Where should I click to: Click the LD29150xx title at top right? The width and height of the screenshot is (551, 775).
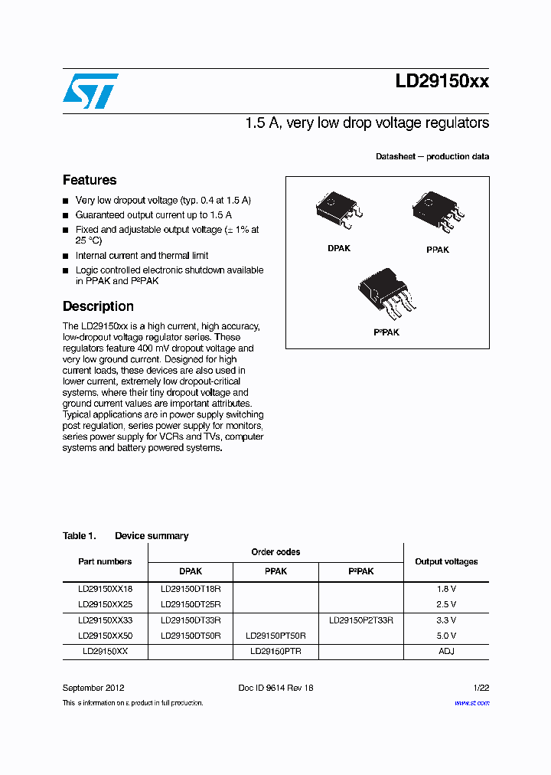(x=442, y=81)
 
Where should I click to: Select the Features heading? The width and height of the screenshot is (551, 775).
(x=90, y=180)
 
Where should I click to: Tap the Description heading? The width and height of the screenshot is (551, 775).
(x=98, y=306)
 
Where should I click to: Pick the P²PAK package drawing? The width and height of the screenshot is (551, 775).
(x=386, y=296)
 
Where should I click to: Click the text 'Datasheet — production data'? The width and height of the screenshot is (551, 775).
(x=432, y=156)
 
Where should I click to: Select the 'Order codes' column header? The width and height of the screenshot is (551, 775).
(x=275, y=552)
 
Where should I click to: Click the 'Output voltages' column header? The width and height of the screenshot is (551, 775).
(x=446, y=561)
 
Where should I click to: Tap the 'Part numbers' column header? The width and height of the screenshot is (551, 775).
(x=105, y=561)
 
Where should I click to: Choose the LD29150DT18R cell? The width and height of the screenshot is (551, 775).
(x=191, y=589)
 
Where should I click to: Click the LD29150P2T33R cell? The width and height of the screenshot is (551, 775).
(x=360, y=620)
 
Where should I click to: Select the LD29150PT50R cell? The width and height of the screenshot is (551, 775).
(x=275, y=636)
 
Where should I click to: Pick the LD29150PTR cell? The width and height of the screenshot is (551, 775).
(x=275, y=651)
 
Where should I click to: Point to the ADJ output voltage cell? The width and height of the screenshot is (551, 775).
(x=446, y=651)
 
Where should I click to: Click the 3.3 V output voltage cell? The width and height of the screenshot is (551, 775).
(x=446, y=620)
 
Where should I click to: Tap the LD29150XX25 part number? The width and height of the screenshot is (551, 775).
(x=105, y=604)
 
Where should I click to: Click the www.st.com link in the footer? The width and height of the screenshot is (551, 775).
(x=471, y=702)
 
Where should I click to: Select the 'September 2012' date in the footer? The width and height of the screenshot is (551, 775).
(x=93, y=688)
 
